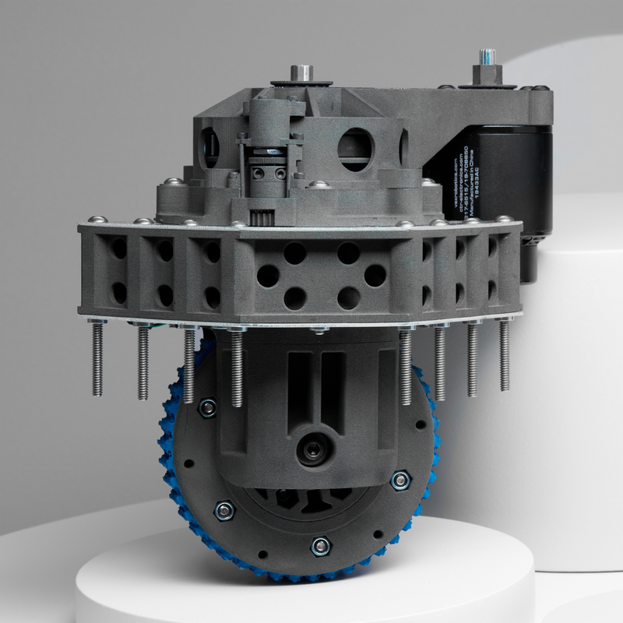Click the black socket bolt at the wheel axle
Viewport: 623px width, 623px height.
[x=315, y=451]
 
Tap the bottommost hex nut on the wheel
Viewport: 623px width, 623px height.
[x=319, y=546]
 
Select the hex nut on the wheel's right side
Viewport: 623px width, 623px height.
[x=400, y=480]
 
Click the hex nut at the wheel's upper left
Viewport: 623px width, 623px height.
[x=207, y=407]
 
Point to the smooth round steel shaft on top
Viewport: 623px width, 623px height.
[x=301, y=72]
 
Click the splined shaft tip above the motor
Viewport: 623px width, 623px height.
[x=487, y=58]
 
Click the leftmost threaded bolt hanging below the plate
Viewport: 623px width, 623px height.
[x=97, y=358]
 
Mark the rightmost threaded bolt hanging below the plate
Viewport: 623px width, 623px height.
[x=504, y=354]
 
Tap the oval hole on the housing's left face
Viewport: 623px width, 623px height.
[x=209, y=145]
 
